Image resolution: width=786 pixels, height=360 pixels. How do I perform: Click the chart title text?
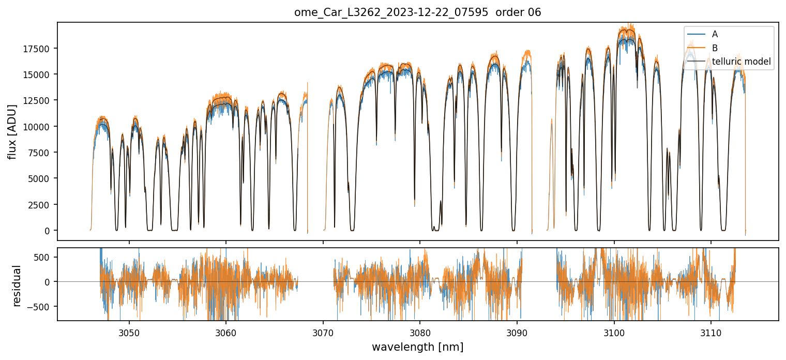coord(417,12)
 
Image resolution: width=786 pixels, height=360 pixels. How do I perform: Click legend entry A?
coord(715,34)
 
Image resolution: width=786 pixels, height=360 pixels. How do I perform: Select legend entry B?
coord(715,48)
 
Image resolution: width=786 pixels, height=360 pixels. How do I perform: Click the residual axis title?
coord(17,286)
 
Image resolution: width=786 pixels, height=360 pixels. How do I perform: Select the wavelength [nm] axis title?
coord(417,347)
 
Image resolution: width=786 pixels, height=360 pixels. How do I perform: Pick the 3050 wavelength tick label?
coord(129,332)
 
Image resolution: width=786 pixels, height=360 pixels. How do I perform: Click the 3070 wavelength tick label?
coord(323,332)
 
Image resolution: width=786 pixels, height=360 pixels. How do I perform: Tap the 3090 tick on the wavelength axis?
coord(517,332)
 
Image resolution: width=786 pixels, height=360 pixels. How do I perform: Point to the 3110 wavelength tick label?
coord(711,332)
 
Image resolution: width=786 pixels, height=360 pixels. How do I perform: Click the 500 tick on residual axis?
coord(46,257)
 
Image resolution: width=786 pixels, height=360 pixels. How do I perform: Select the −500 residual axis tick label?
coord(43,306)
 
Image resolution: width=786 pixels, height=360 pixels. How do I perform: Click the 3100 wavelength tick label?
coord(614,332)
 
